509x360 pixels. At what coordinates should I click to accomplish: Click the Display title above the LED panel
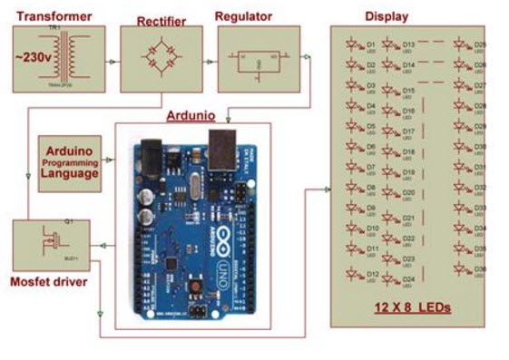coord(386,15)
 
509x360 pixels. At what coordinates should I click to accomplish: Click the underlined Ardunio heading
coord(191,116)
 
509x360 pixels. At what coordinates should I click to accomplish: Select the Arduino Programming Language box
coord(69,160)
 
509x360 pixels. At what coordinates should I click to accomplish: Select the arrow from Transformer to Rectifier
coord(111,63)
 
